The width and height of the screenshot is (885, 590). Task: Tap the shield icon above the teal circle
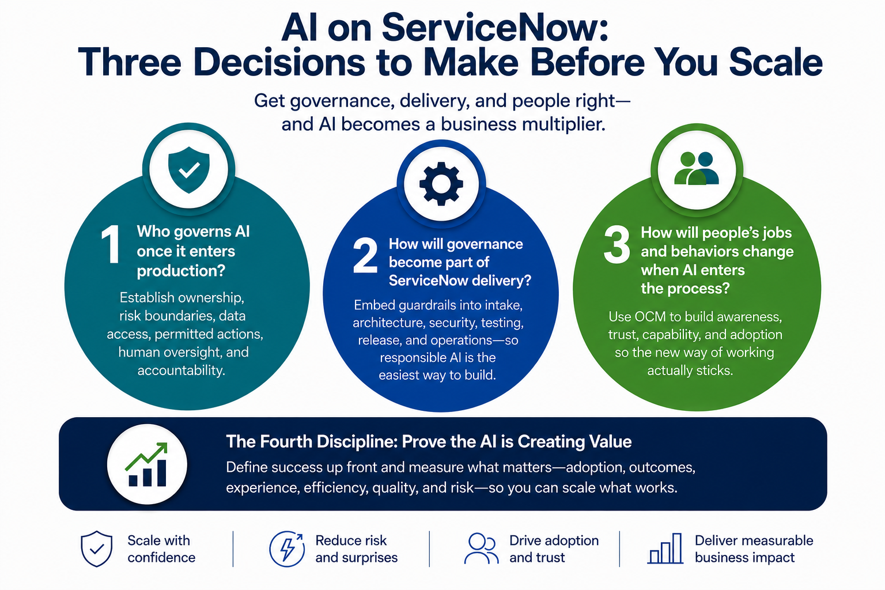189,170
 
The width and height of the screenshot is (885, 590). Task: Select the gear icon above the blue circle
441,184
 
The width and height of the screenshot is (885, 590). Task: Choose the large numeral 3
617,244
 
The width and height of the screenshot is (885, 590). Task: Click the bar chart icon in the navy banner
147,465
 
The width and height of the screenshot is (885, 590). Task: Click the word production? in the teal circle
181,271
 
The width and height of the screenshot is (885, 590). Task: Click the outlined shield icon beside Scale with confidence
96,549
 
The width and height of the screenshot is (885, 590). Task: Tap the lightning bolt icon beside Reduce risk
287,549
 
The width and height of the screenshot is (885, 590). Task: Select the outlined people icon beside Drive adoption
481,549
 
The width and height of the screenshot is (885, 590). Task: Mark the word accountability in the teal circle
181,370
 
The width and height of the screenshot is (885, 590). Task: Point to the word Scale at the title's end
776,62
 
